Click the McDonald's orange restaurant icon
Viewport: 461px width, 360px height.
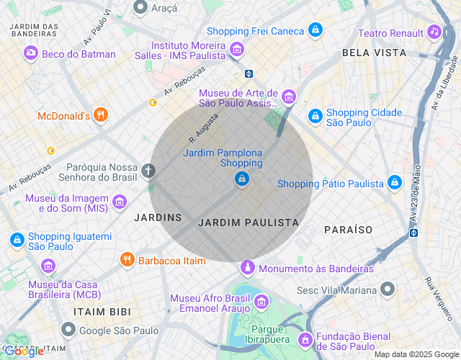101,114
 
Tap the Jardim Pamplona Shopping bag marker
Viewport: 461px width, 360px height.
242,178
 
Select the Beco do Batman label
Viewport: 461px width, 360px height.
79,54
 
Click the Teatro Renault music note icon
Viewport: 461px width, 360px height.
433,32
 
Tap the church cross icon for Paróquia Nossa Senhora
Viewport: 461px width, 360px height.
148,171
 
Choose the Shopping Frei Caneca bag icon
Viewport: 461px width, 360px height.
314,30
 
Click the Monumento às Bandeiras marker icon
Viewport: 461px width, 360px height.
247,268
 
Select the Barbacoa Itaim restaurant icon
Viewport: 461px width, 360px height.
127,259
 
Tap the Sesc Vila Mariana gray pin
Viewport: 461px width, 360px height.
388,289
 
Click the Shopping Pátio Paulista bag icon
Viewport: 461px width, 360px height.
394,183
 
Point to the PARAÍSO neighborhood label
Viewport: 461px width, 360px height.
348,229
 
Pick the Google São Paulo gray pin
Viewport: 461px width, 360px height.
68,330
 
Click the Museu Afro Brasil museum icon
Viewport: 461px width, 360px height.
261,301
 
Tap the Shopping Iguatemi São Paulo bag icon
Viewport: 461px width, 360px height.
16,240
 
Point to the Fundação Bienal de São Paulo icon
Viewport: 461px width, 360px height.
305,338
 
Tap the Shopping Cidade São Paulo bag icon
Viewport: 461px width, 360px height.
315,116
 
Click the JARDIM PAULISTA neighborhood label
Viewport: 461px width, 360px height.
248,222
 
